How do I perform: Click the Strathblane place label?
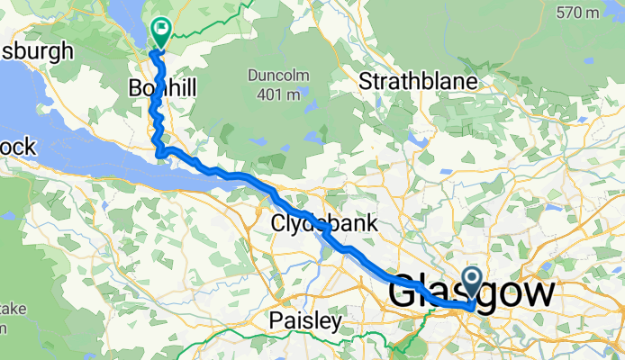click(417, 81)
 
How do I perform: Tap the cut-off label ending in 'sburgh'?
click(36, 50)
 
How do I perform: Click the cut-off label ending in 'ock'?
click(16, 145)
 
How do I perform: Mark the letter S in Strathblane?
click(366, 81)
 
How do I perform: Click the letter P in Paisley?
click(276, 320)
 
